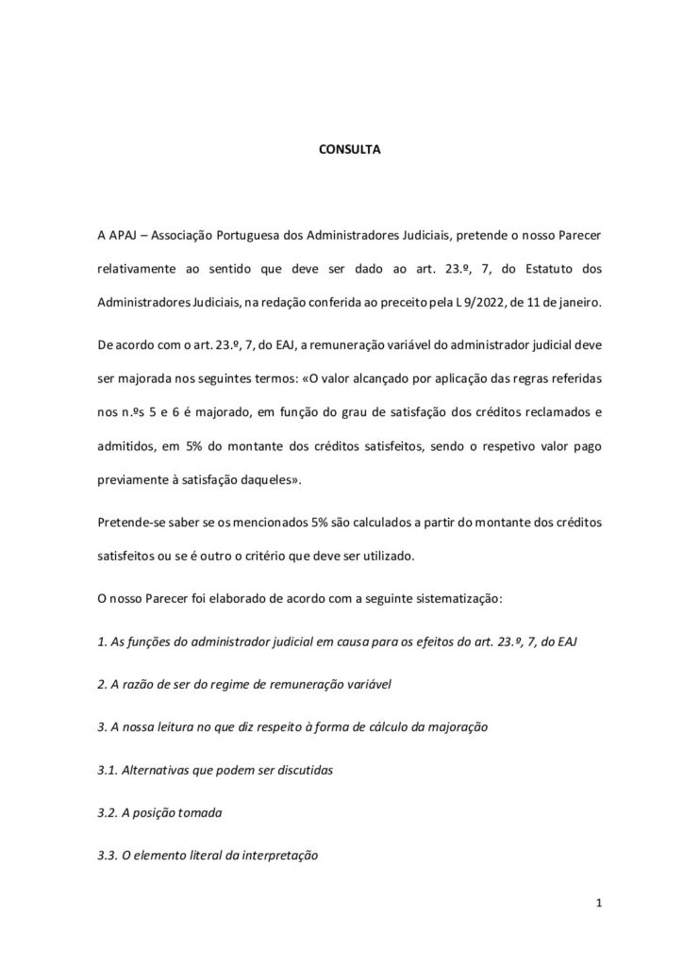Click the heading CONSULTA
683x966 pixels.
pyautogui.click(x=341, y=149)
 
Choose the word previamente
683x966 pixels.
pyautogui.click(x=133, y=478)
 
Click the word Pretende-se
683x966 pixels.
pyautogui.click(x=127, y=524)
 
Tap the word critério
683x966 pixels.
pyautogui.click(x=258, y=557)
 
